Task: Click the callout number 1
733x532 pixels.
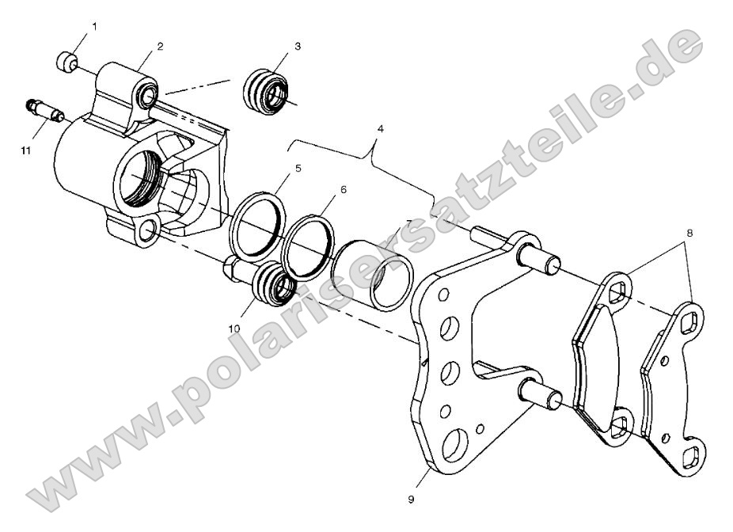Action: (x=96, y=28)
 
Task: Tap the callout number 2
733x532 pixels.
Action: (x=160, y=47)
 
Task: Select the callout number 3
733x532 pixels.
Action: (x=297, y=47)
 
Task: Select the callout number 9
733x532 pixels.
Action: (x=411, y=500)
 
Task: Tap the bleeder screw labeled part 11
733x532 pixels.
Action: (x=45, y=110)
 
